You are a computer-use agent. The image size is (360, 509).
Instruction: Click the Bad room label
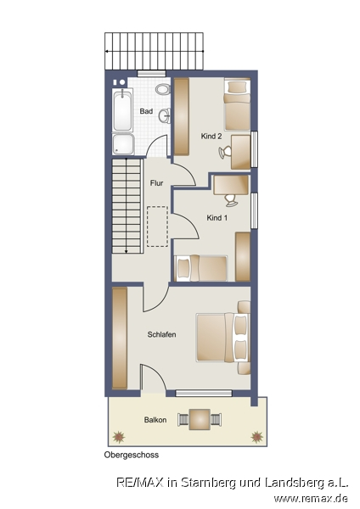[x=146, y=111]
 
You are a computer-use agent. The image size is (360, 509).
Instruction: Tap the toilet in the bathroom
[x=163, y=89]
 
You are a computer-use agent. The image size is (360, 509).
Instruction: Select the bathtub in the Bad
[x=122, y=109]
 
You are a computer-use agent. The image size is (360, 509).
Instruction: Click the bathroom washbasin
[x=165, y=116]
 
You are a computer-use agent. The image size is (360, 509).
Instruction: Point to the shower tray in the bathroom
[x=123, y=144]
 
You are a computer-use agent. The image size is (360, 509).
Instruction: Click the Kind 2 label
[x=211, y=137]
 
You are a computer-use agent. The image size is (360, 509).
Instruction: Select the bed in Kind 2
[x=238, y=104]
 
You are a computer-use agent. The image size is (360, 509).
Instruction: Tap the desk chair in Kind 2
[x=225, y=152]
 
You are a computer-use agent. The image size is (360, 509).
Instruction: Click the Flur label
[x=156, y=183]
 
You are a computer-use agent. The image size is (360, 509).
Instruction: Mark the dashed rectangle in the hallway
[x=158, y=227]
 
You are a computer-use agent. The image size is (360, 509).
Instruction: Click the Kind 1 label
[x=217, y=218]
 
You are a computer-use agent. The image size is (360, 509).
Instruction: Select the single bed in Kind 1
[x=201, y=268]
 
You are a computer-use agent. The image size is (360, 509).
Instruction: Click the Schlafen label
[x=162, y=334]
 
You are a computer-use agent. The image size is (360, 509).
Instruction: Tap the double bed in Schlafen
[x=223, y=338]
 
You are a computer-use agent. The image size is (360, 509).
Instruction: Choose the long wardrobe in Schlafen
[x=120, y=338]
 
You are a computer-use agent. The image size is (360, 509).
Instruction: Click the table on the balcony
[x=200, y=419]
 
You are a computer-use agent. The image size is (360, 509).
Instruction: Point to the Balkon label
[x=155, y=420]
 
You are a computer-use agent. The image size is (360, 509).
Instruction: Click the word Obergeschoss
[x=132, y=455]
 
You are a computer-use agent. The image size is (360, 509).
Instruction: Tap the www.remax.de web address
[x=311, y=498]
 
